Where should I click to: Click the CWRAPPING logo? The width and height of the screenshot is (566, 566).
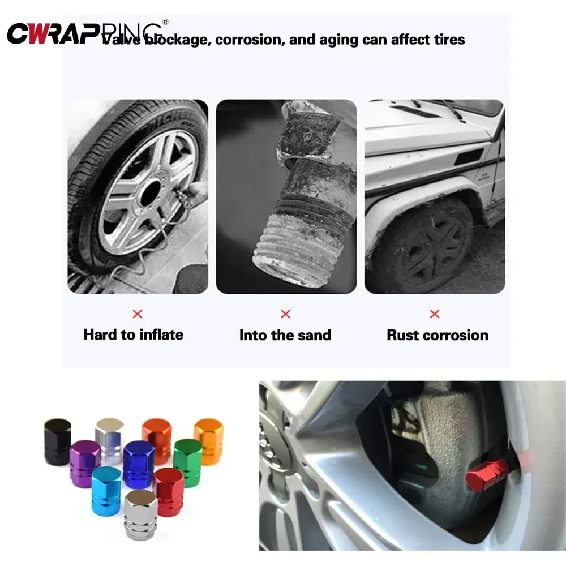coord(85,32)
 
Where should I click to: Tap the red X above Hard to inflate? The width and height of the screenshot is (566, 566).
coord(137,314)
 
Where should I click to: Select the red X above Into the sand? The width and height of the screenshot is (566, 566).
coord(286,314)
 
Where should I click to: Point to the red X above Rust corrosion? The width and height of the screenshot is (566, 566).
coord(435,314)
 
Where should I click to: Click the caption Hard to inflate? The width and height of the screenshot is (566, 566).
coord(134,335)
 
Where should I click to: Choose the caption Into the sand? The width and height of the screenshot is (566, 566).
coord(285,335)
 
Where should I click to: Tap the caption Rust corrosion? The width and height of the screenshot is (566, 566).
coord(437,335)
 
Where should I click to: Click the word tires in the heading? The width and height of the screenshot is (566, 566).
coord(448,40)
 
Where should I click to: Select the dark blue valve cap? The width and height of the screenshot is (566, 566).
coord(139,464)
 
